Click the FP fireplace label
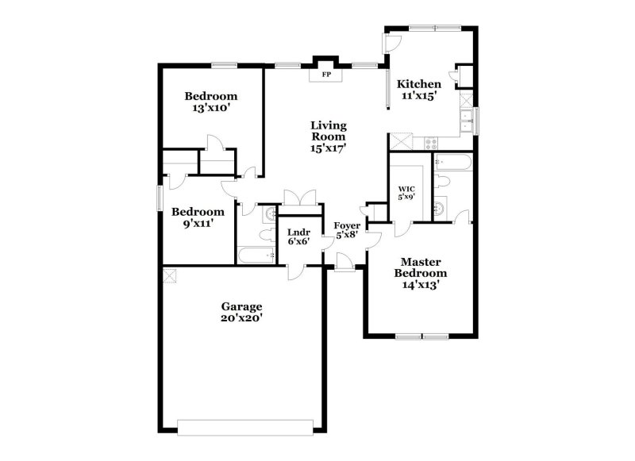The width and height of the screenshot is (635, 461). [325, 76]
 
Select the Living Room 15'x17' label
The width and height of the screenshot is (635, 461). [328, 136]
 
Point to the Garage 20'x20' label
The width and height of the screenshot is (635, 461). [241, 312]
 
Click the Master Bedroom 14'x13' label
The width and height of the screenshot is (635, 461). [420, 272]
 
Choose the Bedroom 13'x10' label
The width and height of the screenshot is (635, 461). [210, 102]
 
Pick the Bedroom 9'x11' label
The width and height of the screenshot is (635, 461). [198, 217]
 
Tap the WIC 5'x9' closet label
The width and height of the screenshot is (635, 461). [406, 194]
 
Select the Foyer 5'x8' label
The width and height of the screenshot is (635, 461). [348, 231]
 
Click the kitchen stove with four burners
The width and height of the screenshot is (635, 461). [431, 144]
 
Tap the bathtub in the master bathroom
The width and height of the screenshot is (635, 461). [454, 164]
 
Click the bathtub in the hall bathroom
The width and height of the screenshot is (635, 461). [256, 256]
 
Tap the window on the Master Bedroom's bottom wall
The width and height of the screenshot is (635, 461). [422, 336]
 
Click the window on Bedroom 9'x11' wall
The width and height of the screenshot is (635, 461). [160, 197]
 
